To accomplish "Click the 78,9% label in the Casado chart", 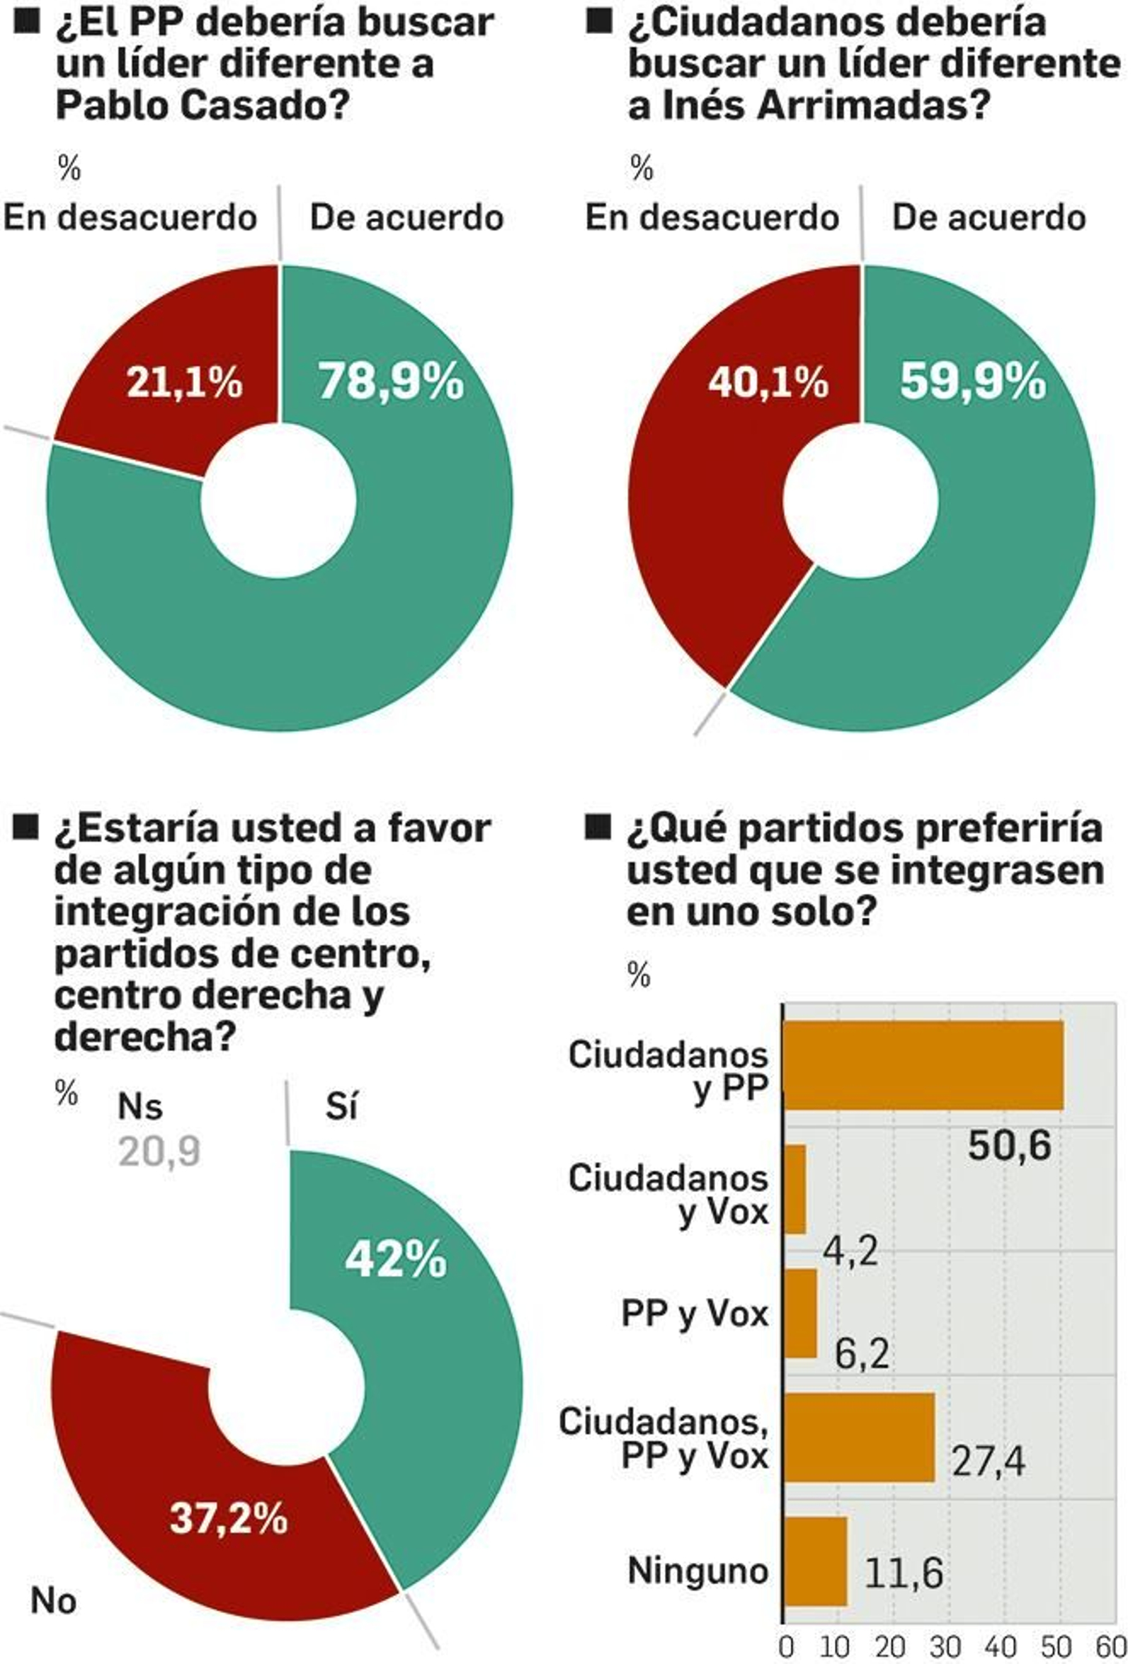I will click(391, 381).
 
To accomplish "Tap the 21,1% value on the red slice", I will click(185, 382).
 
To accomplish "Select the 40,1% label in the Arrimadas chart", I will click(768, 382).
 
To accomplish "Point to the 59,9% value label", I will click(972, 381).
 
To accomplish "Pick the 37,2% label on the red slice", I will click(229, 1517).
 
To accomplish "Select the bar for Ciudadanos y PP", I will click(923, 1065).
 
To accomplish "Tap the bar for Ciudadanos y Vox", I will click(795, 1189).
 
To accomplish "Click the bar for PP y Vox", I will click(800, 1313).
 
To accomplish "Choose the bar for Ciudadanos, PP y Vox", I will click(859, 1437).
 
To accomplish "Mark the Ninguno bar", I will click(815, 1561).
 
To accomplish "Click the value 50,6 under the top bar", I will click(1009, 1146).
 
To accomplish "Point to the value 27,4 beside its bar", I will click(988, 1462).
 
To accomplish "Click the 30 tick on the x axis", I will click(945, 1646).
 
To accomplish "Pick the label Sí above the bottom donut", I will click(341, 1107).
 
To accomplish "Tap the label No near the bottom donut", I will click(53, 1602).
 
